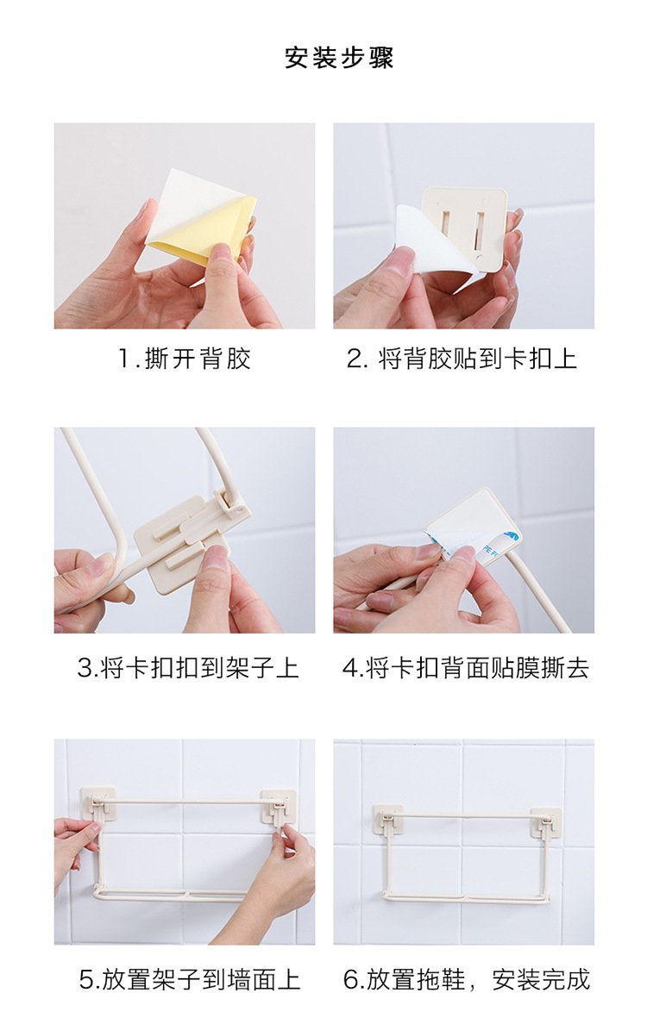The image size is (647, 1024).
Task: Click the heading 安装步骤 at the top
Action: tap(338, 58)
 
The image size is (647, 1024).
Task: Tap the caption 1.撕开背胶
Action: tap(185, 359)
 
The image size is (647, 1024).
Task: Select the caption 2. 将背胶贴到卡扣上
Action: tap(462, 359)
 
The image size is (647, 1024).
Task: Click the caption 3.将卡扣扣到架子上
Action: tap(188, 667)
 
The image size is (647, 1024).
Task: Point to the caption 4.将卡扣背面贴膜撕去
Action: tap(465, 667)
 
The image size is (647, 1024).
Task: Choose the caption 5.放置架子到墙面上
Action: tap(190, 979)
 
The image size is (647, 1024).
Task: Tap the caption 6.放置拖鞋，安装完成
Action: tap(467, 979)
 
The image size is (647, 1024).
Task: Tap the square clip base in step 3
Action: tap(177, 542)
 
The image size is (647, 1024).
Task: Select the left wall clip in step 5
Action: tap(98, 804)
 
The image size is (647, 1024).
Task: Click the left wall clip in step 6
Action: tap(387, 819)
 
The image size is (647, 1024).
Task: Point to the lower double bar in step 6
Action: tap(465, 898)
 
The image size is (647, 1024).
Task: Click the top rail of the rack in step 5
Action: tap(188, 801)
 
